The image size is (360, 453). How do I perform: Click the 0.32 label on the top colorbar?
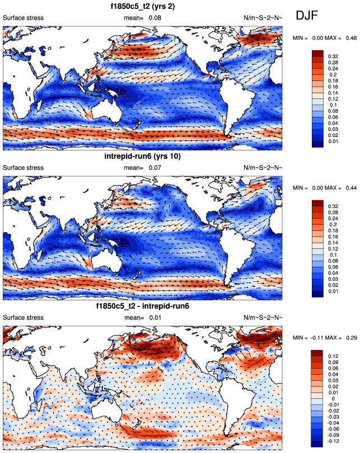point(333,57)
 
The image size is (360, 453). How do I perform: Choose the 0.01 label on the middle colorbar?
point(333,291)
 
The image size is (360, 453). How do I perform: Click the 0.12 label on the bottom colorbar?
point(333,356)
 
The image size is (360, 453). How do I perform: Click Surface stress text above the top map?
point(24,18)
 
